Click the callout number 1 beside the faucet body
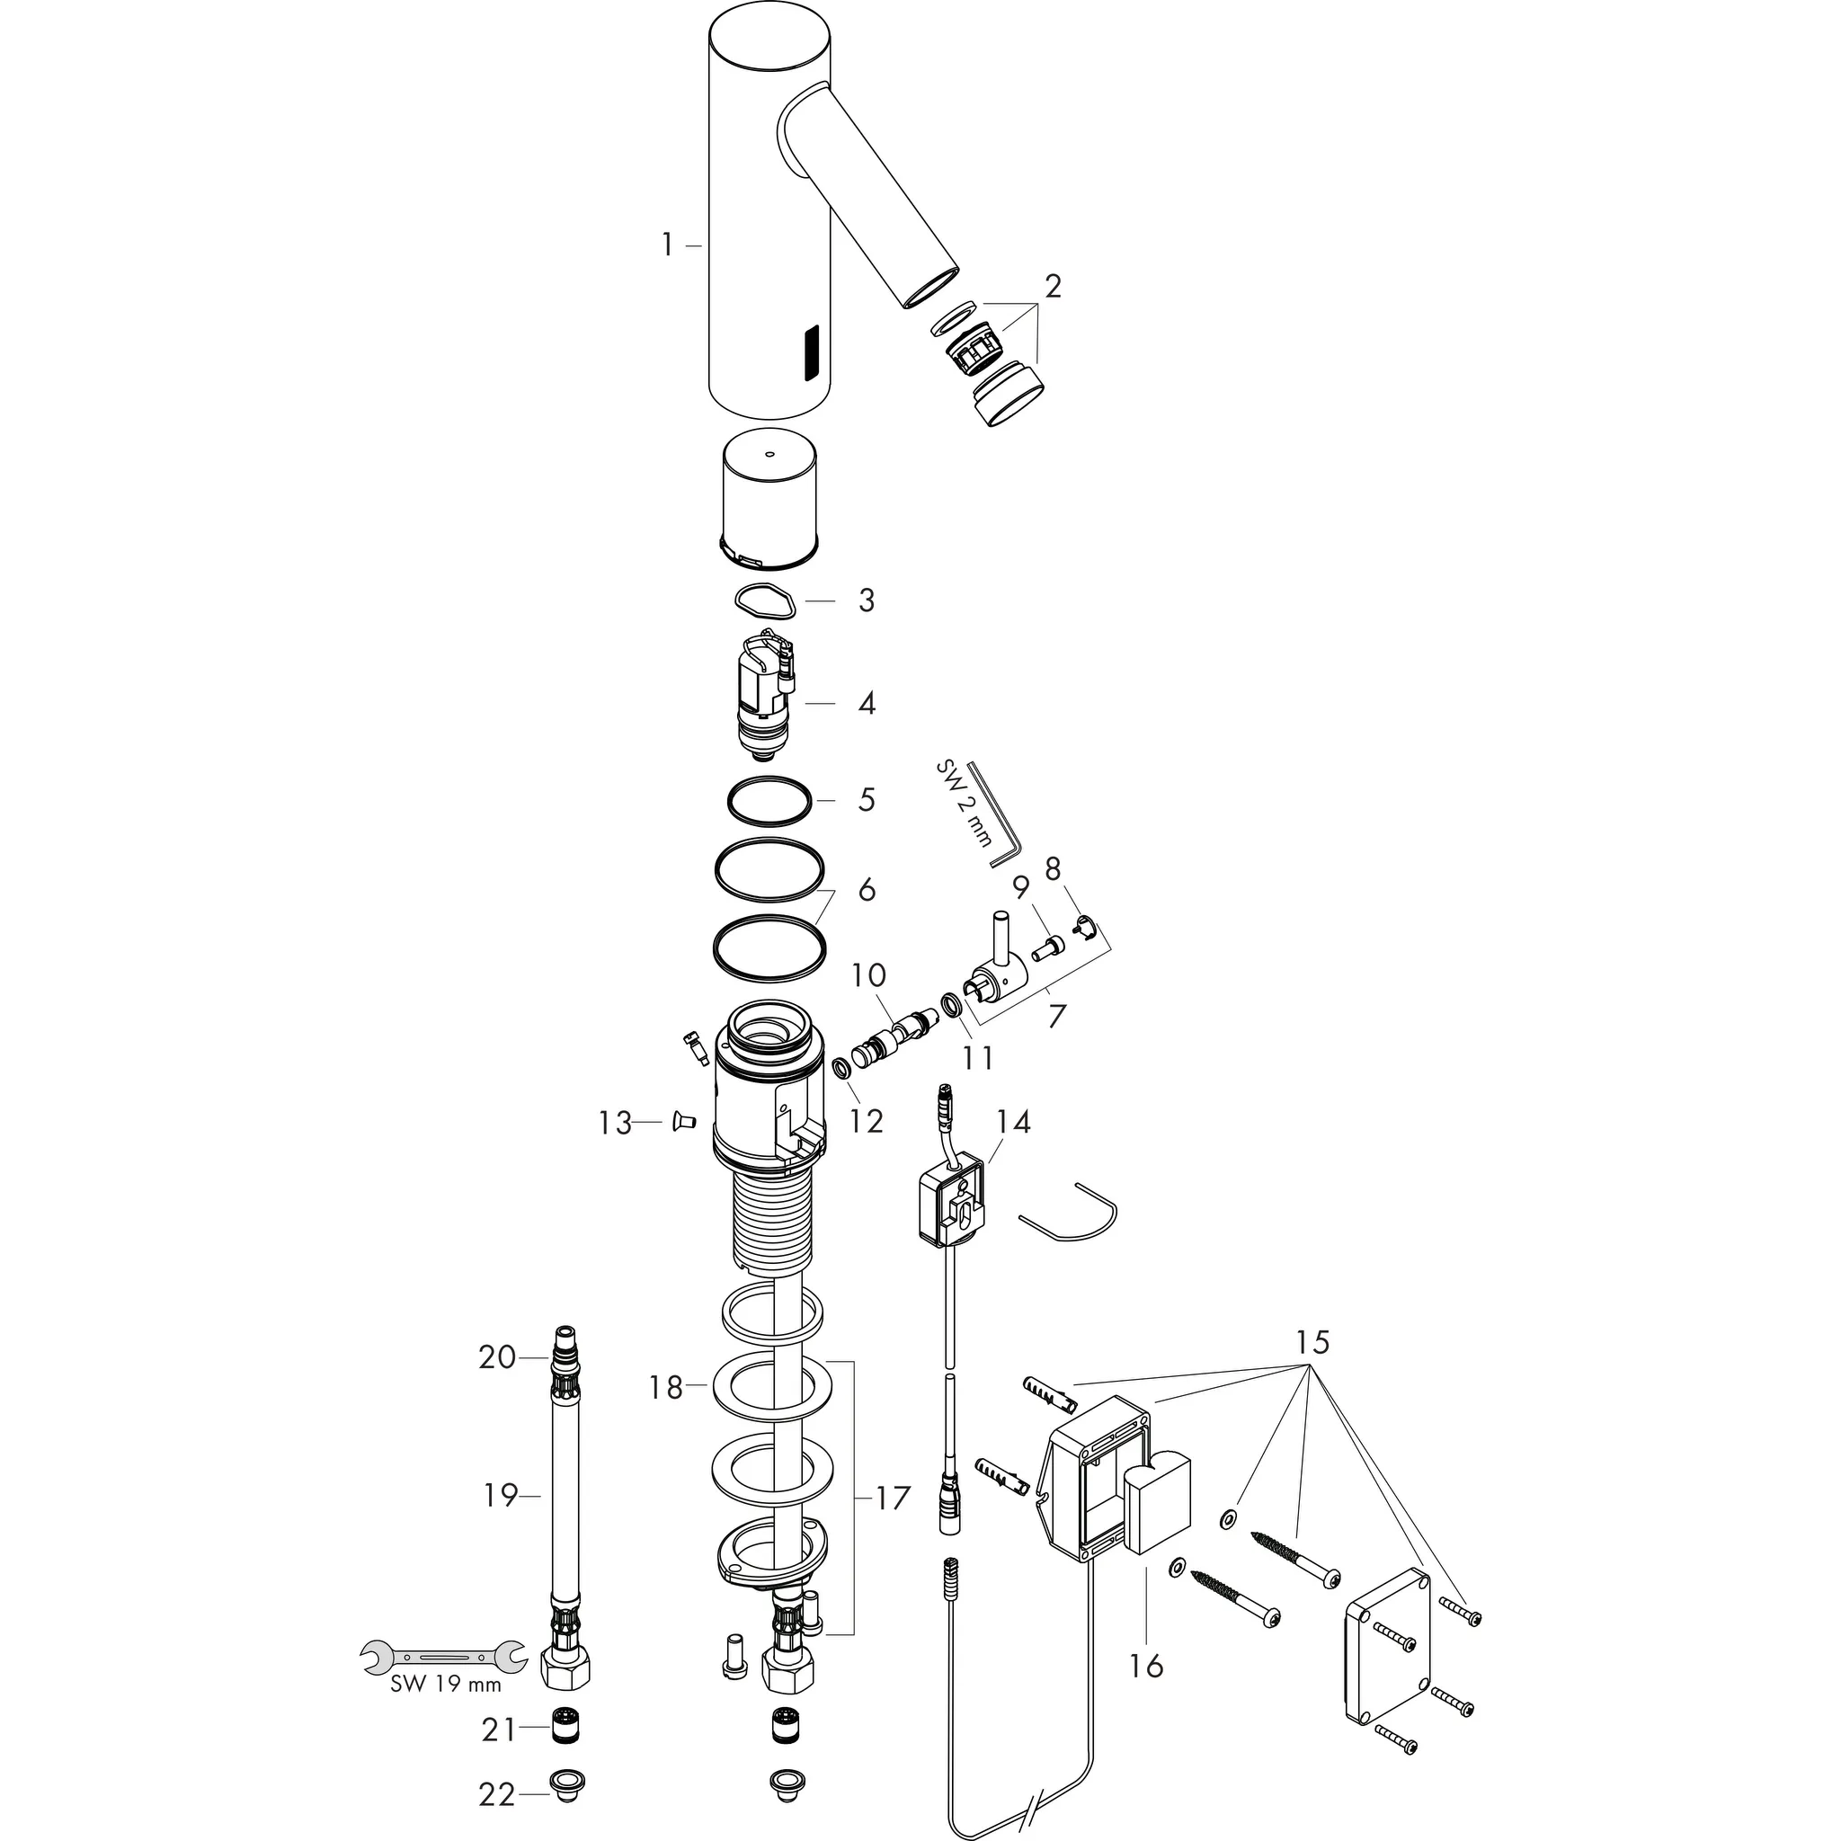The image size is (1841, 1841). click(668, 245)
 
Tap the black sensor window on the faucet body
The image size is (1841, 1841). click(812, 352)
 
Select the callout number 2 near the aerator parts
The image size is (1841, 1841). click(1052, 285)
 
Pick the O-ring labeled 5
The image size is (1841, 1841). click(769, 799)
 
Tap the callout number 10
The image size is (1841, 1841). click(868, 974)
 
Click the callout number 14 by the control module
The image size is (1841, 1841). click(1014, 1122)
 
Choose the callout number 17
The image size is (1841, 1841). click(893, 1498)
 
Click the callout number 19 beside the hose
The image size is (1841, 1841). click(499, 1495)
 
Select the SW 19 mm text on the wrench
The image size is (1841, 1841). click(445, 1684)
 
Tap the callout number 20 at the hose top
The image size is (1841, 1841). click(496, 1356)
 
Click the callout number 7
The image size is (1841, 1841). click(1054, 1016)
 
